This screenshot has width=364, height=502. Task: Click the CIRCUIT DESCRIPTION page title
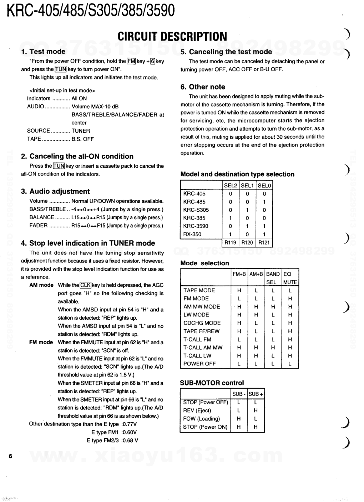[x=172, y=36]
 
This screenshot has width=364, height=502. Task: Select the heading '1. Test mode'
[x=43, y=51]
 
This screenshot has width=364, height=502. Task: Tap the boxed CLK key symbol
[x=85, y=285]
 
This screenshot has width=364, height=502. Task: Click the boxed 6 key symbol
[x=152, y=61]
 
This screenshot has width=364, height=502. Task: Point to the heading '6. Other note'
[x=203, y=87]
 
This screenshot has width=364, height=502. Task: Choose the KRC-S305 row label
[x=196, y=210]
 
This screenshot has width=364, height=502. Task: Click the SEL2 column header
[x=231, y=185]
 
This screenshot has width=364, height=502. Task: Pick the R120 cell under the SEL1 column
[x=247, y=242]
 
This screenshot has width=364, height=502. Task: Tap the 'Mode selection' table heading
[x=204, y=263]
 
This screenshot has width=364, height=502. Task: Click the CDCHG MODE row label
[x=202, y=323]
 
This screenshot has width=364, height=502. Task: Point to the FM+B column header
[x=239, y=274]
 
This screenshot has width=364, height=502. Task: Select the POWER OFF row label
[x=199, y=364]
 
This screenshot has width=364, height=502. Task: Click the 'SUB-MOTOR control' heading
[x=212, y=383]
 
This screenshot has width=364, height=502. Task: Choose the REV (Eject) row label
[x=197, y=410]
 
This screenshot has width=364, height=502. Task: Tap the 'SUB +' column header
[x=256, y=394]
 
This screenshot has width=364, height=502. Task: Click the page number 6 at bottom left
[x=10, y=456]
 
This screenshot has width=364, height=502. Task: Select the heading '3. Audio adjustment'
[x=55, y=191]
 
